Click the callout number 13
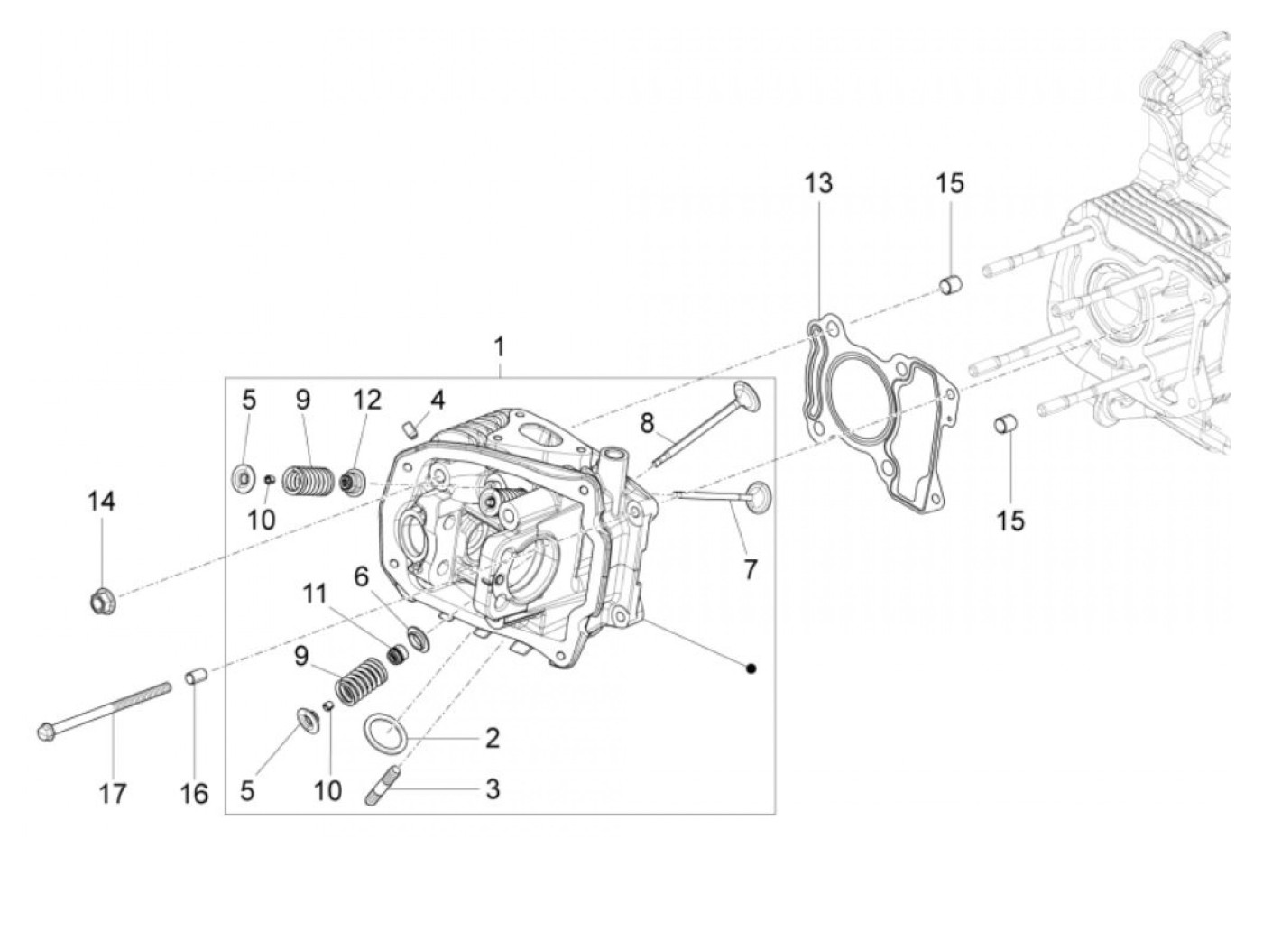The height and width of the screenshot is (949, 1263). (819, 184)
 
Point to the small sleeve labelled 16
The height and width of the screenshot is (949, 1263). (196, 676)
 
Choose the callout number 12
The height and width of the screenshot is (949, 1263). (367, 400)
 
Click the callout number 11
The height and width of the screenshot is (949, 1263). (314, 594)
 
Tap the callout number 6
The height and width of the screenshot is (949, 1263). (362, 576)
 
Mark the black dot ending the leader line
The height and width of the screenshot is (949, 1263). (751, 668)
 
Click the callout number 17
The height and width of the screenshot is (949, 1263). (114, 794)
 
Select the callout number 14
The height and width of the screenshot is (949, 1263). (102, 502)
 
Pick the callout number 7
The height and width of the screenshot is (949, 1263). (751, 569)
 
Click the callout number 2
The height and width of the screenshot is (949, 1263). (493, 739)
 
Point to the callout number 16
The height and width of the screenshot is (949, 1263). (194, 794)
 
